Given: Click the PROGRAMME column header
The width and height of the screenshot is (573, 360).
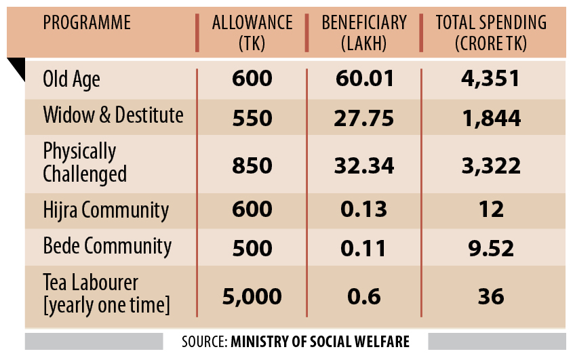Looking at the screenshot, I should pyautogui.click(x=87, y=22).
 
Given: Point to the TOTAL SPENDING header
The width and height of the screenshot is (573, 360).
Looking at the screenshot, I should pyautogui.click(x=491, y=33).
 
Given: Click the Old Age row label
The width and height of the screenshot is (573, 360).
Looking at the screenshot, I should pyautogui.click(x=71, y=79).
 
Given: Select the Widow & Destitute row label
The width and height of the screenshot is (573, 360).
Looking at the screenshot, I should pyautogui.click(x=113, y=115).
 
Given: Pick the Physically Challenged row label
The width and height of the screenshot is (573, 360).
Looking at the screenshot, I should pyautogui.click(x=85, y=162).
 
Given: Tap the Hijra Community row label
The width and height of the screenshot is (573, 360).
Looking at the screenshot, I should pyautogui.click(x=106, y=209).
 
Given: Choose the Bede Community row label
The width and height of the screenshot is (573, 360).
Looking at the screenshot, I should pyautogui.click(x=107, y=245).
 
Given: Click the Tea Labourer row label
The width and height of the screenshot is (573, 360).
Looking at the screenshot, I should pyautogui.click(x=105, y=294).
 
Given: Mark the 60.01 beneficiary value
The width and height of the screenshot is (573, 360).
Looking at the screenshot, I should pyautogui.click(x=364, y=79).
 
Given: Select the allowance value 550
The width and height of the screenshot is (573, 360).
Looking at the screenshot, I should pyautogui.click(x=252, y=117).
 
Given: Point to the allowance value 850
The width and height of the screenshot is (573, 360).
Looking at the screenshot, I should pyautogui.click(x=252, y=165).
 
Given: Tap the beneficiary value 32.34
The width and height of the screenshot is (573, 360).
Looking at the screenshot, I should pyautogui.click(x=364, y=165).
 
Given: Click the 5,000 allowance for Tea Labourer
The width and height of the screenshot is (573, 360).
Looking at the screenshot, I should pyautogui.click(x=252, y=296).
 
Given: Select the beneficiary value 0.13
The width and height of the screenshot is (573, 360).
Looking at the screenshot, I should pyautogui.click(x=364, y=210).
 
